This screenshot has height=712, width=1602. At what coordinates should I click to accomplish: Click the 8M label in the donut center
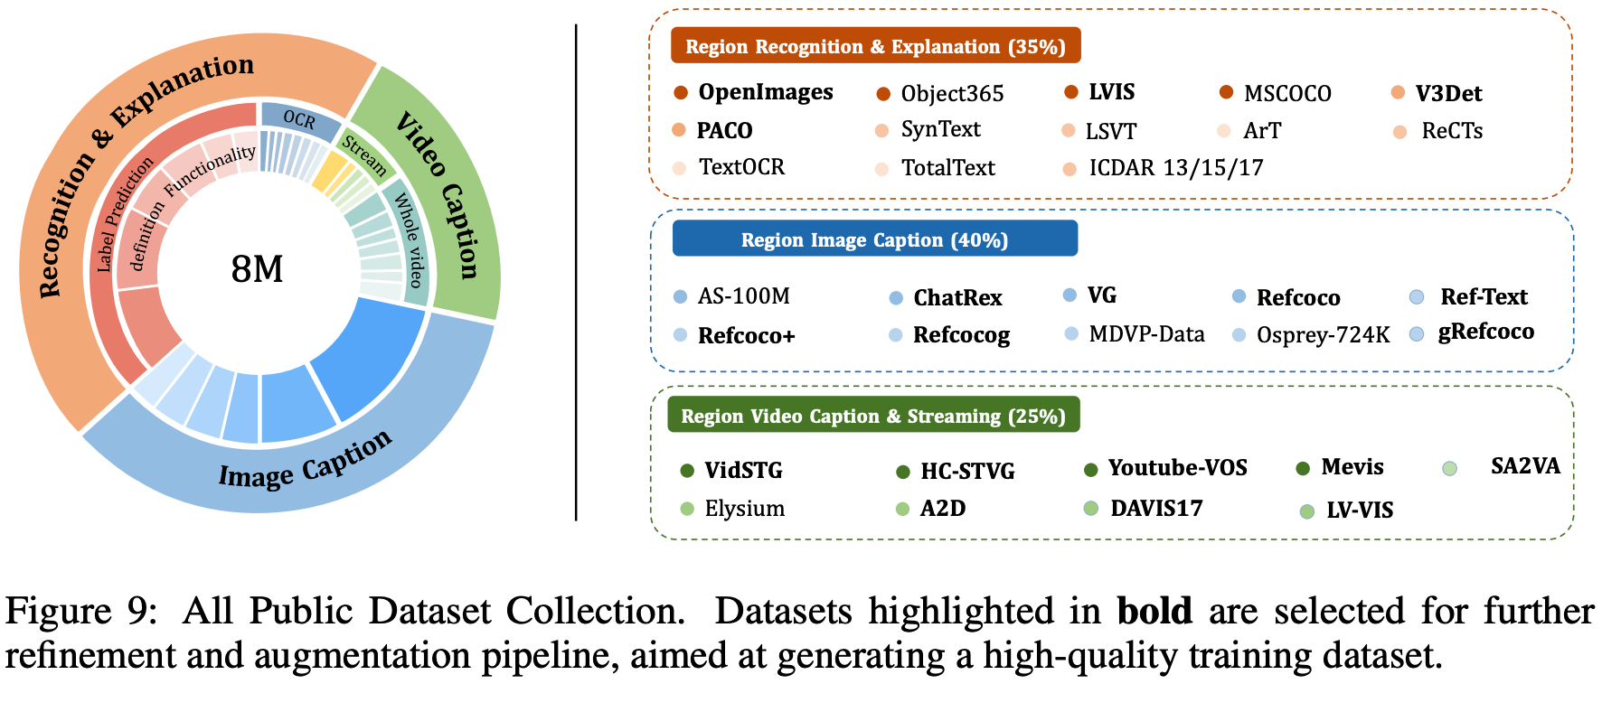point(257,269)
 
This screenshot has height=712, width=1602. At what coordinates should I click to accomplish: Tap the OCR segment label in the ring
point(299,120)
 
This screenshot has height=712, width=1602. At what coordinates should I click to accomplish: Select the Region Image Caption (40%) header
point(874,239)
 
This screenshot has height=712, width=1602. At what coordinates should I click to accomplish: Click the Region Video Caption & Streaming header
point(873,416)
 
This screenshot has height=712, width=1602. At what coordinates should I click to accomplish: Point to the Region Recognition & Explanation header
point(875,46)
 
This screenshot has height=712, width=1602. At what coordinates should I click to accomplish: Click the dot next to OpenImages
point(681,92)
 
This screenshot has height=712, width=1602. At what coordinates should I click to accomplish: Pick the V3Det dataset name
point(1448,93)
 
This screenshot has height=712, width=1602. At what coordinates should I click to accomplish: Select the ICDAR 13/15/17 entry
point(1175,167)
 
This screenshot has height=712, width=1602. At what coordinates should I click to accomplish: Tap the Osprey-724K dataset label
point(1323,334)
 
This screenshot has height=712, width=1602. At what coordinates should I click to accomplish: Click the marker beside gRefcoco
point(1417,334)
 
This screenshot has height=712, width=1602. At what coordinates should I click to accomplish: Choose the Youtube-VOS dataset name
point(1177,467)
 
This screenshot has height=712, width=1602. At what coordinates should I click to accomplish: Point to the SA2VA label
point(1525,466)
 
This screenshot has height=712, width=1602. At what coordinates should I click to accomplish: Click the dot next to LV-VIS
point(1306,511)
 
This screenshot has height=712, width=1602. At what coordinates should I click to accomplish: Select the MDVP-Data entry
point(1146,334)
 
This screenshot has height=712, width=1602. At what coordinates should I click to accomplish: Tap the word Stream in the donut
point(364,155)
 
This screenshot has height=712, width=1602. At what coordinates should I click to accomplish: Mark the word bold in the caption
point(1154,612)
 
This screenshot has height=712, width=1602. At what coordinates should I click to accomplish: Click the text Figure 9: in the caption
point(81,612)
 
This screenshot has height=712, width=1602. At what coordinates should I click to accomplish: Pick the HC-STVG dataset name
point(967,471)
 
